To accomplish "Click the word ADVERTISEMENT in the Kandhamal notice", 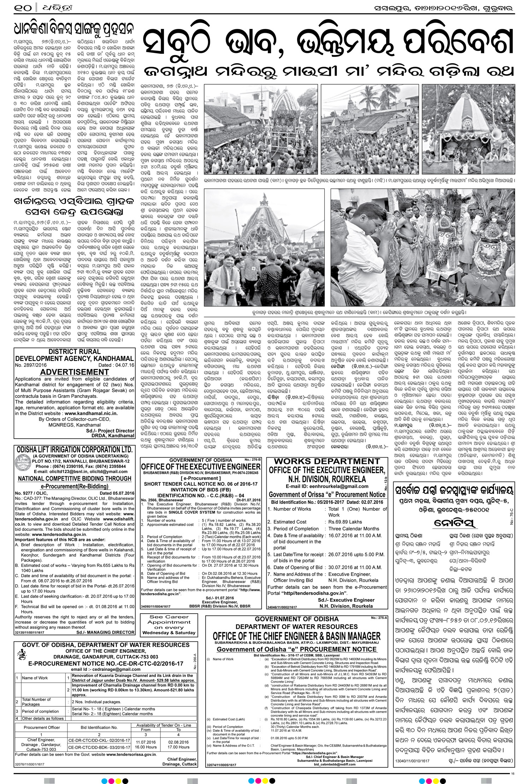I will tap(75, 372).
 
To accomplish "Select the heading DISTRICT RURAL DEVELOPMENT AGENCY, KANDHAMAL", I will tap(75, 355).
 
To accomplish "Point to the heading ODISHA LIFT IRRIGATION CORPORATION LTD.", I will tap(75, 450).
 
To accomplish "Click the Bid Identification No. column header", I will tap(99, 728).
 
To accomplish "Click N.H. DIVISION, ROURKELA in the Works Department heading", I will tap(327, 479).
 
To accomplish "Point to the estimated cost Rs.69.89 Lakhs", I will tap(345, 522).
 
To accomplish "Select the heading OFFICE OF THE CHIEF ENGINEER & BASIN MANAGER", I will tap(296, 636).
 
